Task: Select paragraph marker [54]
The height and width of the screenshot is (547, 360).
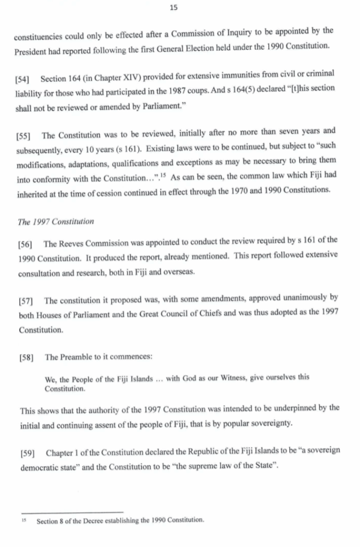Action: tap(25, 79)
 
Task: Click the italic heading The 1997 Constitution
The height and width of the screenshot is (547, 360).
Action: tap(56, 221)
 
